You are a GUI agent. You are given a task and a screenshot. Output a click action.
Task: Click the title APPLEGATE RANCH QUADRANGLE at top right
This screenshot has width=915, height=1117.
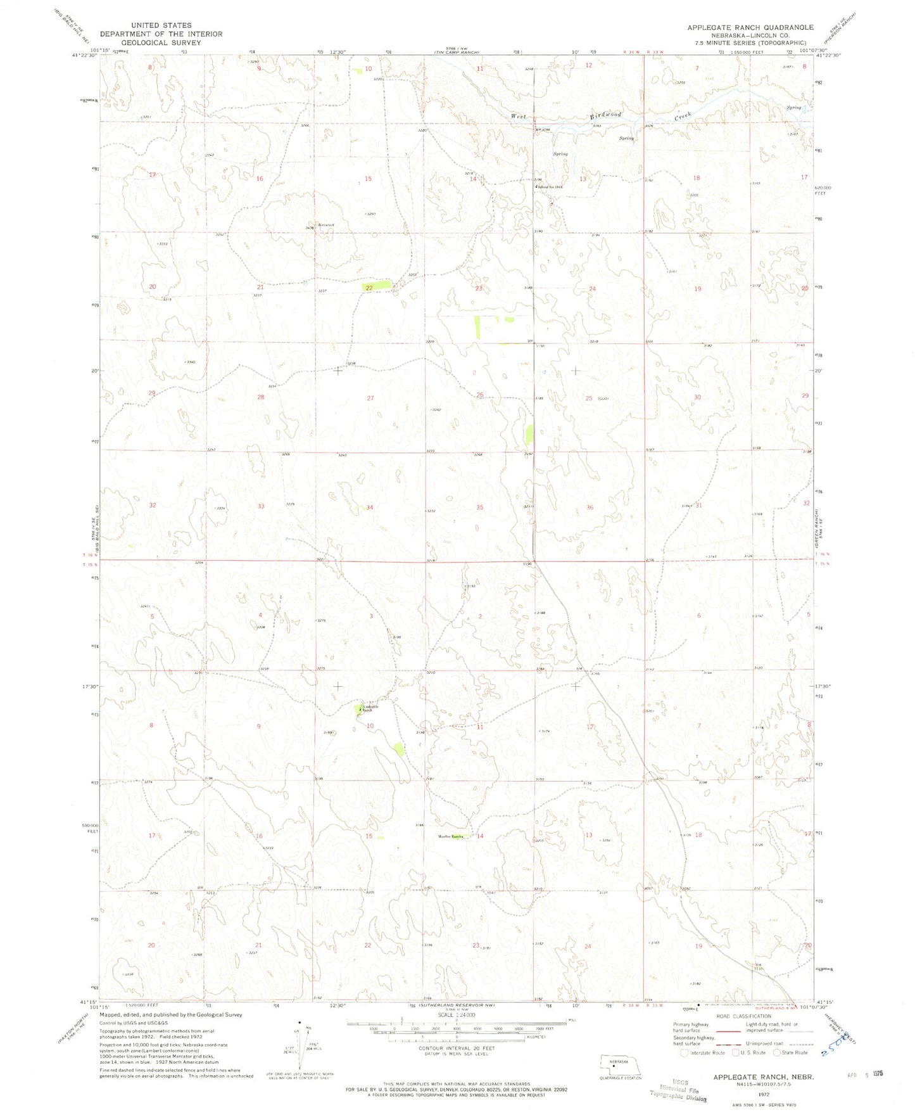pyautogui.click(x=750, y=27)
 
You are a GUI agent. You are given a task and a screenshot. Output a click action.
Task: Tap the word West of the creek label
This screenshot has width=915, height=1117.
pyautogui.click(x=519, y=117)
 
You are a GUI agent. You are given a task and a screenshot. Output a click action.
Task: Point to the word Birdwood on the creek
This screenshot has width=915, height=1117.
pyautogui.click(x=605, y=115)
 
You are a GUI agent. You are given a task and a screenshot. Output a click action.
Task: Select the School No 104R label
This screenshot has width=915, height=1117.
pyautogui.click(x=550, y=186)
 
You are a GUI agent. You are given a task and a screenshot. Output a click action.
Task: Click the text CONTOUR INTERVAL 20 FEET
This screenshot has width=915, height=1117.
pyautogui.click(x=458, y=1048)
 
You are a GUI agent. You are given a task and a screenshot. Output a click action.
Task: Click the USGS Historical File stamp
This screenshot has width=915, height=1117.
pyautogui.click(x=679, y=1090)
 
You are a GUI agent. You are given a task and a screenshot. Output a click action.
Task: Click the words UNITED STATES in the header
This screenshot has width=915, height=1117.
pyautogui.click(x=161, y=25)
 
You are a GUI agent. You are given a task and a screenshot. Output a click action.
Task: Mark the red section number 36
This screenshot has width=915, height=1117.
pyautogui.click(x=590, y=507)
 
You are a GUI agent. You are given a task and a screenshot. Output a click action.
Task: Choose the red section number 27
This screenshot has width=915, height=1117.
pyautogui.click(x=370, y=398)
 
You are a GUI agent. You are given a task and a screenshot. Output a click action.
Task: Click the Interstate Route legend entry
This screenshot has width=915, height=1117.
pyautogui.click(x=702, y=1053)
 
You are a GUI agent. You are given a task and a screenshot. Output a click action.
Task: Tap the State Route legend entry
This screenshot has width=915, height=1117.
pyautogui.click(x=791, y=1053)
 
